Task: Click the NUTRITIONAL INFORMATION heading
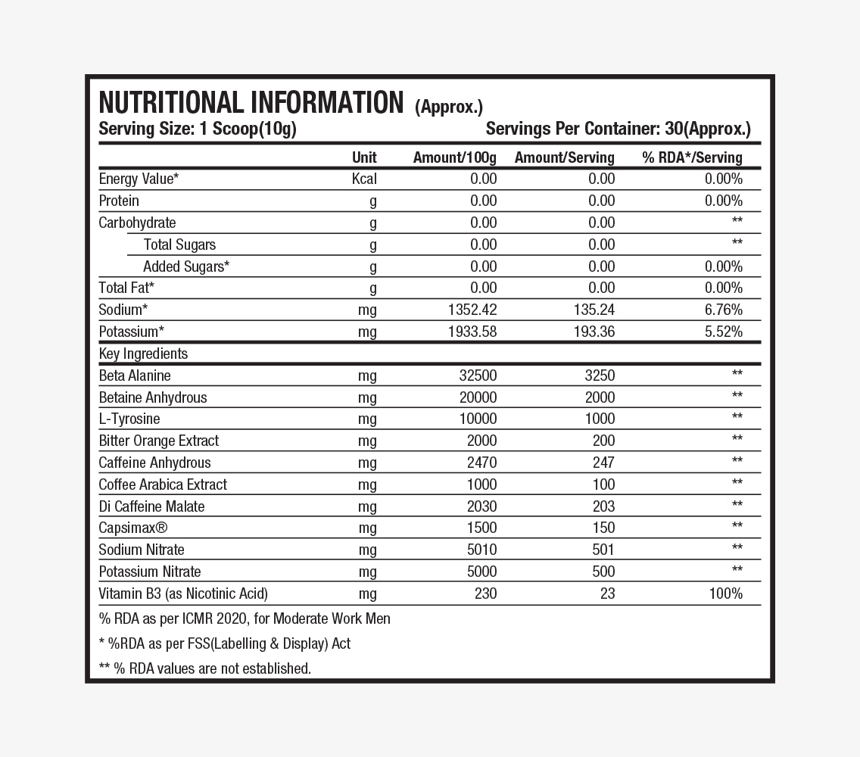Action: click(x=251, y=103)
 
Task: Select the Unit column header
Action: click(x=364, y=157)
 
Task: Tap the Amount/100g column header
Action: click(x=454, y=157)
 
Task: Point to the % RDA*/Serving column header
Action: click(x=692, y=157)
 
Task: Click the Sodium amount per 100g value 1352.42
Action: click(x=472, y=310)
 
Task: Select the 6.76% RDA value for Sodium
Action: click(x=723, y=310)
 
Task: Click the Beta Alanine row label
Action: click(x=135, y=375)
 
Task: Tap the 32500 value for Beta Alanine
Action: click(x=478, y=375)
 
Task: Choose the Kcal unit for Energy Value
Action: click(x=364, y=179)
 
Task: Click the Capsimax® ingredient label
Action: click(x=133, y=528)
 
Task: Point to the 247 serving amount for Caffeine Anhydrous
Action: click(x=603, y=463)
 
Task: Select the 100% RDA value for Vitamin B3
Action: click(x=725, y=593)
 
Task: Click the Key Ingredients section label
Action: click(x=143, y=354)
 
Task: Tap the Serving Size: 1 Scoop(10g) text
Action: click(x=198, y=129)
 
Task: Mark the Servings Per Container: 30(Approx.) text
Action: click(x=618, y=129)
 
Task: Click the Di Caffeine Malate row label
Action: click(x=151, y=506)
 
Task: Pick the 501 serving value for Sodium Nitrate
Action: click(x=603, y=550)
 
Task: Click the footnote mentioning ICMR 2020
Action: click(x=245, y=618)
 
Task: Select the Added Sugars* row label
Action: click(x=186, y=266)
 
